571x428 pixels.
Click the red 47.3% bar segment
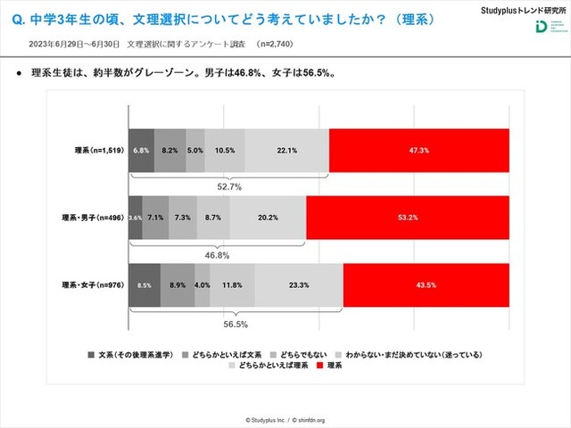click(419, 150)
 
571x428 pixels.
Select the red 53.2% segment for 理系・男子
click(408, 217)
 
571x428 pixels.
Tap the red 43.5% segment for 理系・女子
click(426, 284)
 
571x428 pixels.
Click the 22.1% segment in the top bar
click(287, 150)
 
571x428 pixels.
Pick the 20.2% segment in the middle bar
click(268, 217)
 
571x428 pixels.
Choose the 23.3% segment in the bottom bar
click(300, 284)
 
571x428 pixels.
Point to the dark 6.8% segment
click(141, 150)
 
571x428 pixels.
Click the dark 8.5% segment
click(145, 284)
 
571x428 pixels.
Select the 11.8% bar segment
click(233, 284)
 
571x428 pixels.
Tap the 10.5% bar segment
click(225, 150)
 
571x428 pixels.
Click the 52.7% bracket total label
click(230, 187)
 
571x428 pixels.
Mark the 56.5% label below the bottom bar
click(236, 325)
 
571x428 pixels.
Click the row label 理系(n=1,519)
click(99, 150)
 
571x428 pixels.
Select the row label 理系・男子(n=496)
click(93, 217)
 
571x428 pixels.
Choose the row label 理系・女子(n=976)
click(93, 284)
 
